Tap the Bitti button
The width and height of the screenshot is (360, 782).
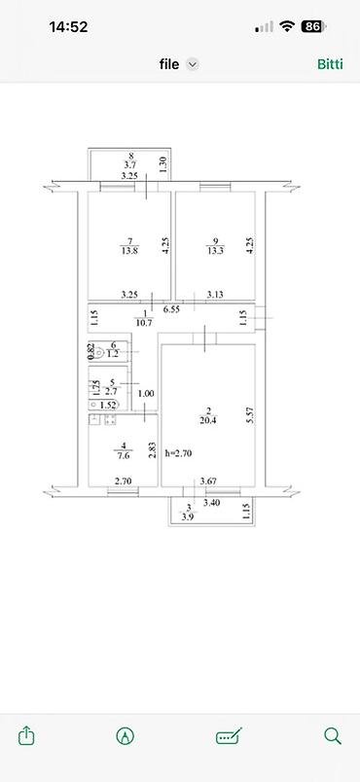330,64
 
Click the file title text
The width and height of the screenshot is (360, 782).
169,64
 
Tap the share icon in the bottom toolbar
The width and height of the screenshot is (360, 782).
27,735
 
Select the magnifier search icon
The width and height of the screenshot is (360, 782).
333,735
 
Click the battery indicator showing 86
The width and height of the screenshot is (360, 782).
312,27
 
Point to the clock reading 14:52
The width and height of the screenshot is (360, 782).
68,27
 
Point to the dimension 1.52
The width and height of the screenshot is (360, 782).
109,405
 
